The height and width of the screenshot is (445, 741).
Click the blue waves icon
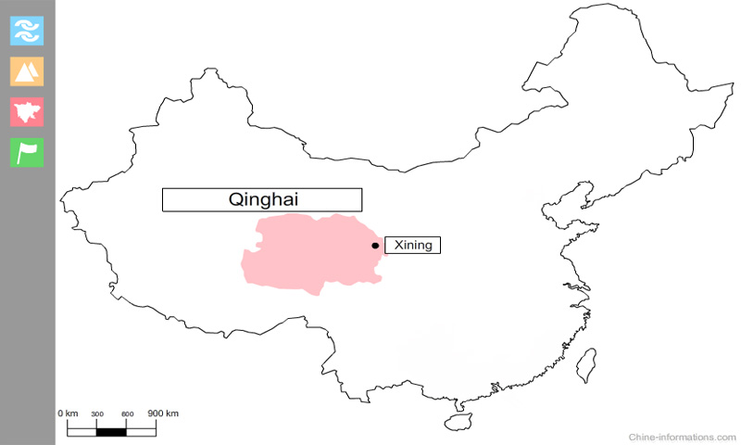point(27,30)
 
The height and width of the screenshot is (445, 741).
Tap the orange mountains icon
point(27,70)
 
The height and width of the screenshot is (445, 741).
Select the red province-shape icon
point(27,111)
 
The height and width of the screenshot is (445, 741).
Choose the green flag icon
point(27,152)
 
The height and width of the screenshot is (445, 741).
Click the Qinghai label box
point(262,199)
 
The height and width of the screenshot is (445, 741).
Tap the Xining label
point(412,246)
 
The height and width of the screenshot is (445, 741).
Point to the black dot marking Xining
point(374,246)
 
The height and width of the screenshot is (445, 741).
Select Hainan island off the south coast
point(457,422)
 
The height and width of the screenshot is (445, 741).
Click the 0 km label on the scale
point(68,413)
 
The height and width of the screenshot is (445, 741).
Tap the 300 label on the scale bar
point(97,413)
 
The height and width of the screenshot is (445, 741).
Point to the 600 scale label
point(128,413)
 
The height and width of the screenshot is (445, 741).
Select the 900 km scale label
point(163,413)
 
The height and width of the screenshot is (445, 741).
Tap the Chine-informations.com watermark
point(683,436)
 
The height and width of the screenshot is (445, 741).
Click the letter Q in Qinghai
point(235,199)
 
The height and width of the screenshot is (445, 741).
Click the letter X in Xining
point(398,246)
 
